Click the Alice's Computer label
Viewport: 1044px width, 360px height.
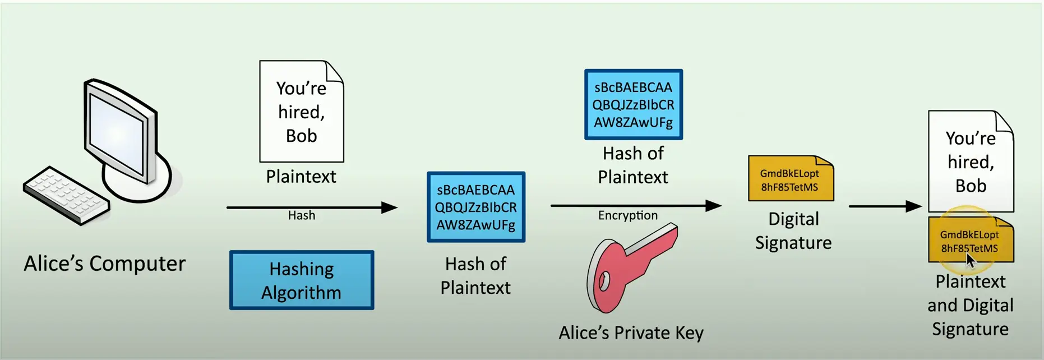click(104, 264)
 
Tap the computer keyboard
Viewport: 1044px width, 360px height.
click(66, 195)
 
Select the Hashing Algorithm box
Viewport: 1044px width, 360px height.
click(302, 280)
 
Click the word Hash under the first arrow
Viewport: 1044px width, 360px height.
click(302, 215)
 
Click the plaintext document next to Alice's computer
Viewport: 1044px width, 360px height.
click(302, 112)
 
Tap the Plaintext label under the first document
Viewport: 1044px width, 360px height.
click(301, 177)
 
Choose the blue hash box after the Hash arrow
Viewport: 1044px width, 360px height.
click(476, 207)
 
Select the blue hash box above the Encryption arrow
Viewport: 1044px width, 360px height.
click(634, 104)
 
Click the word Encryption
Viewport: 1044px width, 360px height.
click(628, 216)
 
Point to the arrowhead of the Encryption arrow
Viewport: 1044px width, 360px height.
click(713, 206)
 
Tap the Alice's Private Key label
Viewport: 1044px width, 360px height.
click(631, 333)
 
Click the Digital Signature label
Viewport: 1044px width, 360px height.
click(793, 230)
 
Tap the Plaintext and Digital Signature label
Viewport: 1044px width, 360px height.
click(971, 305)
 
